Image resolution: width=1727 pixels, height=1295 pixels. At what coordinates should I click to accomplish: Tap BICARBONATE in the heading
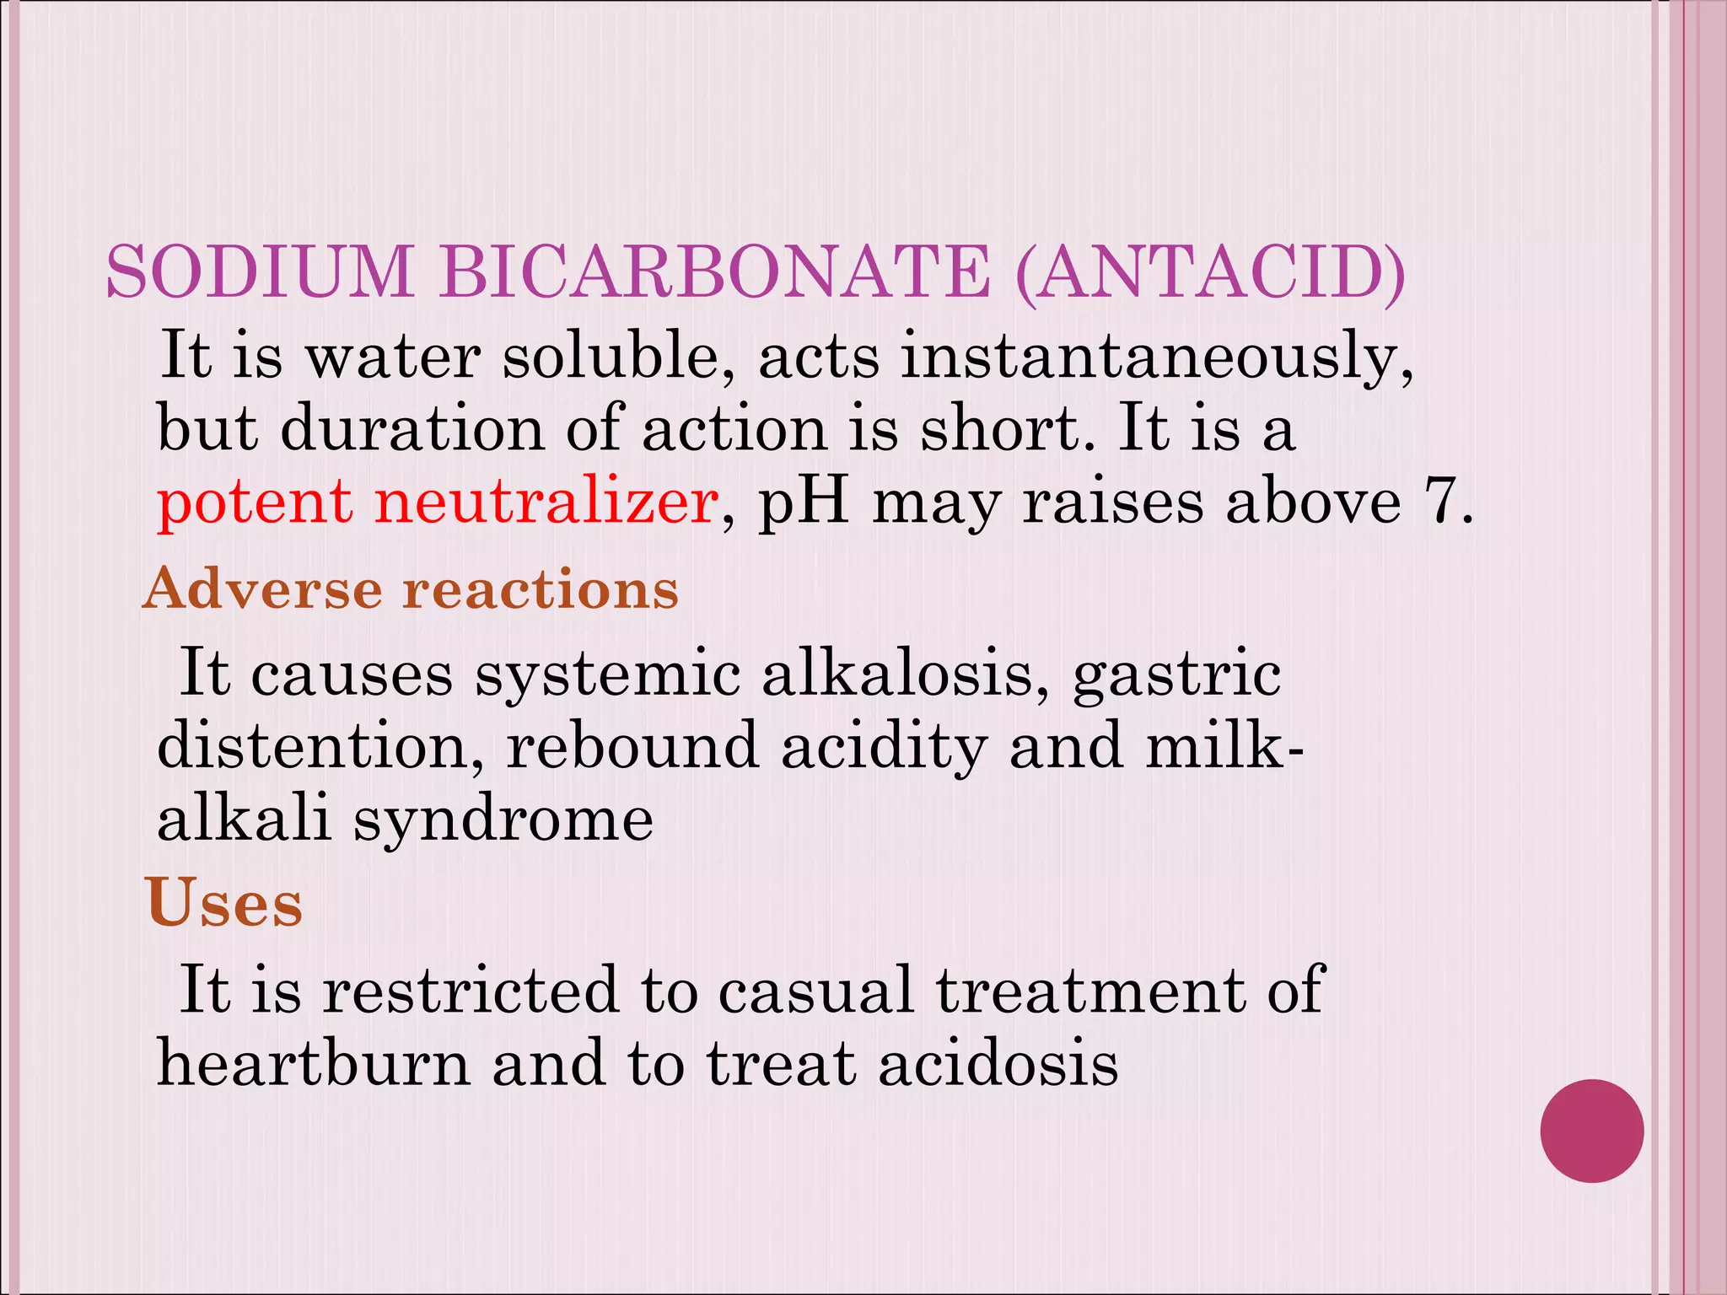tap(714, 271)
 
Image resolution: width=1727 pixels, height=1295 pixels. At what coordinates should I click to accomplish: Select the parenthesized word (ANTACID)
tap(1211, 271)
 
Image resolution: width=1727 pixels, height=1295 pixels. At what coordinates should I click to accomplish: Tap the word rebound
tap(633, 747)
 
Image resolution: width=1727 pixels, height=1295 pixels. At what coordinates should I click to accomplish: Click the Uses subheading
tap(223, 903)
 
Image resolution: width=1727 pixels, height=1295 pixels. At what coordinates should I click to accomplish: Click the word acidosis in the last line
tap(998, 1063)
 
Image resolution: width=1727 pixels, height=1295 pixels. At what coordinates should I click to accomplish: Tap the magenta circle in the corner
tap(1591, 1131)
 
